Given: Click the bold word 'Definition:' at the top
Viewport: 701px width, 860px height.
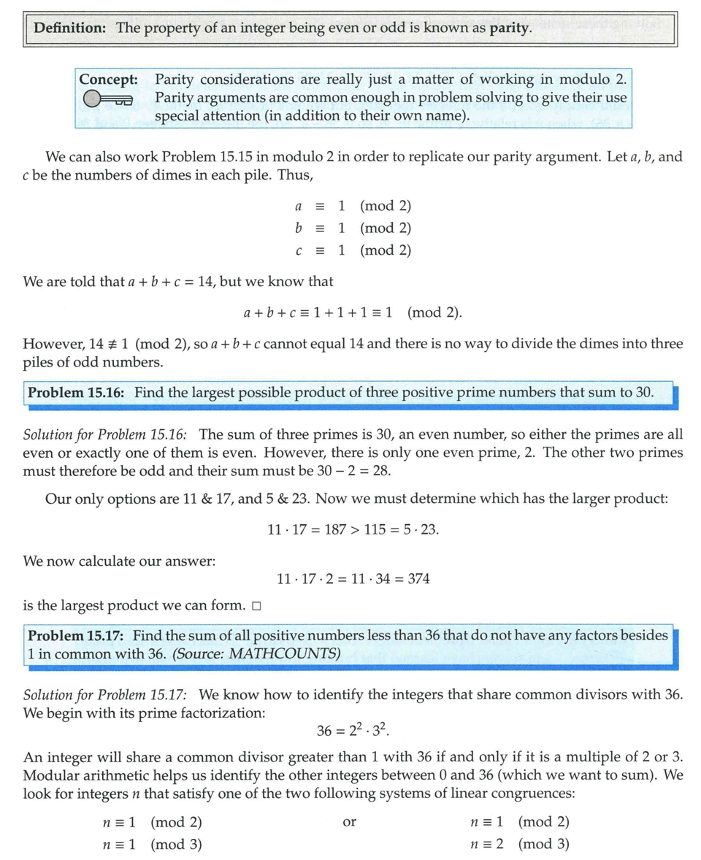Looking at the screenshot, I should [x=70, y=28].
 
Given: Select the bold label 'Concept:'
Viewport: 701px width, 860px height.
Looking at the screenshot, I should [x=109, y=79].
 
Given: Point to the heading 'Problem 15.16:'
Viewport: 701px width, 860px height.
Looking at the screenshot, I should [x=76, y=392].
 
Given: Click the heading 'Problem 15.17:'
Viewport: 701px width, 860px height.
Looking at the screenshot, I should [x=76, y=635].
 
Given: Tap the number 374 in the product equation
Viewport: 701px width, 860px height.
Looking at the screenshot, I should [x=418, y=579].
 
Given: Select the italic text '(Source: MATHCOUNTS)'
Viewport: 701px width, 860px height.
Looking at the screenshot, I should [x=256, y=653].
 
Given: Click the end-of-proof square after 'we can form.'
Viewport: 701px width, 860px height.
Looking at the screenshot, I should [x=256, y=606].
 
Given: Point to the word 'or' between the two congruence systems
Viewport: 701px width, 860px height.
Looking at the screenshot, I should [x=349, y=822].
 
